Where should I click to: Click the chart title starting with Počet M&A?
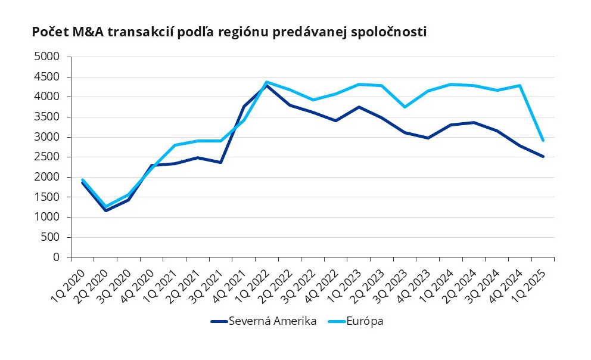pos(229,33)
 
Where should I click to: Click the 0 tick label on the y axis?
pos(57,257)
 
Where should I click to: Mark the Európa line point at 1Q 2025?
pos(543,140)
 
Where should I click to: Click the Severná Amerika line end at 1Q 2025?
pos(543,156)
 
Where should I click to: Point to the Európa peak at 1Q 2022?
pos(266,82)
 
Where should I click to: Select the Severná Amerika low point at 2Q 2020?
pos(105,210)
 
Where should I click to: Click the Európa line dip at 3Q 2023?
pos(405,107)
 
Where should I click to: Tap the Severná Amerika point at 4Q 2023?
pos(428,138)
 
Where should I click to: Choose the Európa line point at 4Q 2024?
pos(520,85)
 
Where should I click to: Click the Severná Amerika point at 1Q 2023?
pos(359,107)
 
